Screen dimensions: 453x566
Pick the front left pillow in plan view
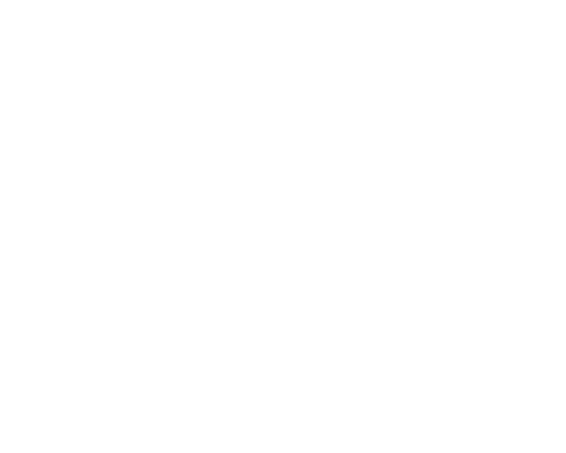click(x=88, y=206)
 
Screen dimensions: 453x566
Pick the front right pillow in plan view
click(x=155, y=206)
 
